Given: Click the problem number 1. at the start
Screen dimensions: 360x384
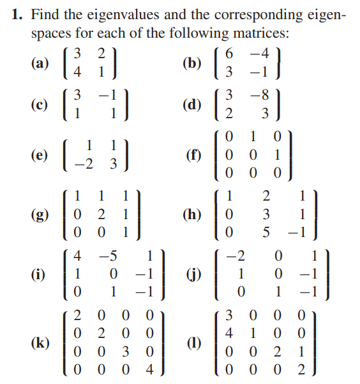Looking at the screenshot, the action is point(19,15).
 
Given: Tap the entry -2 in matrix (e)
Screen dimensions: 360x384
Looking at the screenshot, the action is point(86,164).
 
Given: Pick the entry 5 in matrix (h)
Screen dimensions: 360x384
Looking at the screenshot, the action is point(267,231).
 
